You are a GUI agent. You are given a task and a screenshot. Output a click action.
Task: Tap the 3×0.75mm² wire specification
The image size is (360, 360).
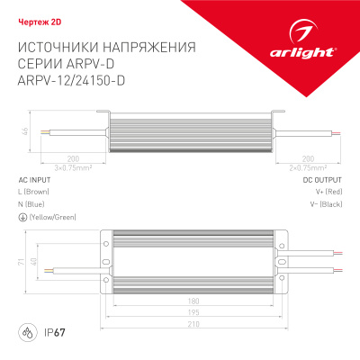(49, 167)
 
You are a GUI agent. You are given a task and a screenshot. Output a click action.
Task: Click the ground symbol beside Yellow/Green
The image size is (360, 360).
(22, 217)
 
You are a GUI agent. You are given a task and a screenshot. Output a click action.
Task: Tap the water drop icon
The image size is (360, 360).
(28, 334)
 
